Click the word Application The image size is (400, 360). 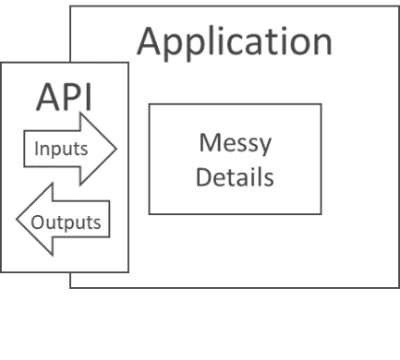[x=235, y=41]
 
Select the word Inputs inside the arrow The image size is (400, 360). [x=61, y=149]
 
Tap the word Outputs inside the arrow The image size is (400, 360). [x=66, y=222]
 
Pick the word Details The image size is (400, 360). [x=236, y=175]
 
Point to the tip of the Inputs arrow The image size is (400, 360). [x=116, y=148]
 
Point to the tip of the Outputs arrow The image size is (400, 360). [x=16, y=222]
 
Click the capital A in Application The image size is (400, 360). [x=151, y=41]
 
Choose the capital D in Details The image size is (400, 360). [x=204, y=175]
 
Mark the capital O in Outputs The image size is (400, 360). [x=38, y=222]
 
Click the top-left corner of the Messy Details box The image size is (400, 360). [x=149, y=104]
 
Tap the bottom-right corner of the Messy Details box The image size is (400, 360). [x=321, y=214]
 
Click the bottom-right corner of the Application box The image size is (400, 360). [x=397, y=287]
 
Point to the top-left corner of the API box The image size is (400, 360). [x=1, y=62]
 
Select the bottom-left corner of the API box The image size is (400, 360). [x=1, y=272]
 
